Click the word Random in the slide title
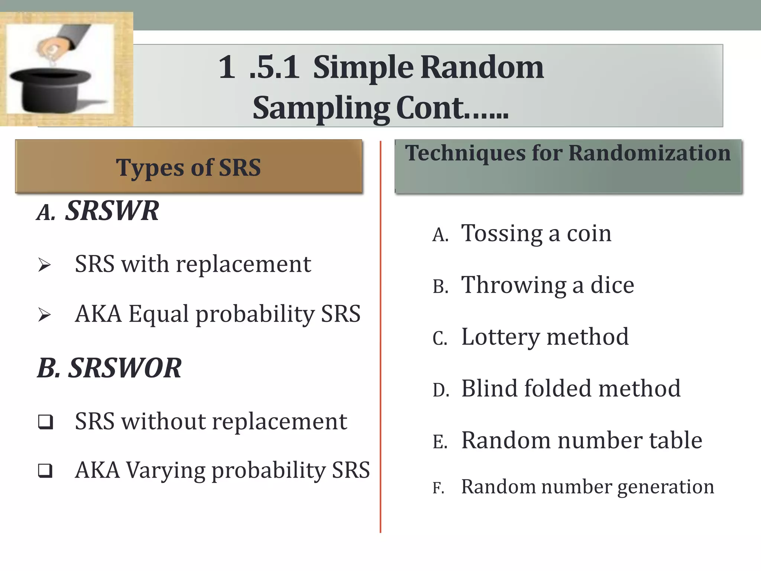[x=482, y=68]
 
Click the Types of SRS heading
[x=188, y=168]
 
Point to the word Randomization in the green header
[x=650, y=153]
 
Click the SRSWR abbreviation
[x=112, y=211]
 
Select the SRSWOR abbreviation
[x=125, y=368]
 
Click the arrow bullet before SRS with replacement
[x=45, y=265]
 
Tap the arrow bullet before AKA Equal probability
[x=45, y=315]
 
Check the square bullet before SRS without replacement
[x=45, y=422]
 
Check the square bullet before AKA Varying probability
[x=45, y=471]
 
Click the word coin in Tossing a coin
[x=589, y=234]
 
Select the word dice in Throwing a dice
[x=612, y=285]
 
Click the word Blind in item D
[x=489, y=388]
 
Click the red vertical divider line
[x=380, y=335]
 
